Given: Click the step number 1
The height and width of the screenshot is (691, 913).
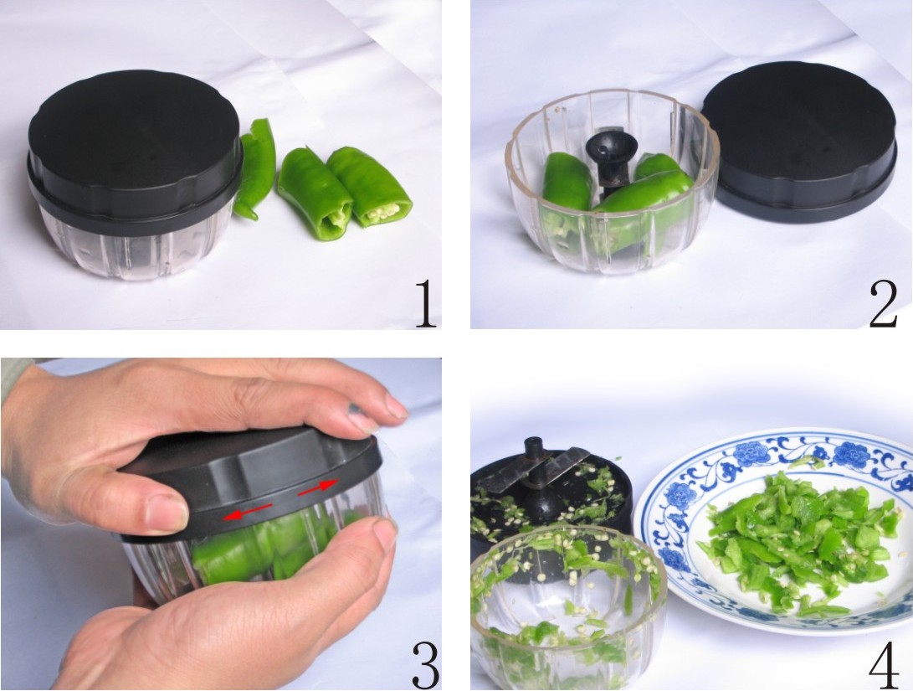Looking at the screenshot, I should click(x=425, y=306).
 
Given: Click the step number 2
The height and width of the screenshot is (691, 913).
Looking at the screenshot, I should click(x=883, y=306).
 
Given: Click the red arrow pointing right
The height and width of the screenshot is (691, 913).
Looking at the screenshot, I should click(x=320, y=486).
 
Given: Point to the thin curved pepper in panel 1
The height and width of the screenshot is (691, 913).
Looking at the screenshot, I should click(x=255, y=168).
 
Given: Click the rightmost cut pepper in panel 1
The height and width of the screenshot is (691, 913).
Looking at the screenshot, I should click(x=371, y=186).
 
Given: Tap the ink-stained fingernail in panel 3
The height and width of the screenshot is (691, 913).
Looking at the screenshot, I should click(x=362, y=411).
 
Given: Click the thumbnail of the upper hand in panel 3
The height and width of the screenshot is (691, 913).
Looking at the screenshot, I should click(x=165, y=513).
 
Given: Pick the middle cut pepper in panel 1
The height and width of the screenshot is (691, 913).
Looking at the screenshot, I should click(x=314, y=193).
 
